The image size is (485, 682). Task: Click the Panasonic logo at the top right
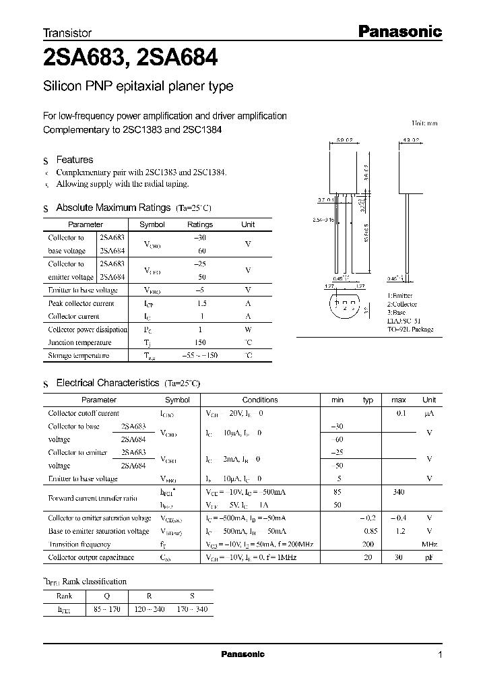click(x=399, y=31)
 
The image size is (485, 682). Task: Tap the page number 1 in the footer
click(x=440, y=655)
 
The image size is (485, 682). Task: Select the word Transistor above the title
click(x=67, y=32)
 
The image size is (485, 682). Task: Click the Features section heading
click(x=74, y=160)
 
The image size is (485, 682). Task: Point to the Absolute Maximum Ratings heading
click(x=113, y=208)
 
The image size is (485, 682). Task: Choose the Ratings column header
click(x=199, y=224)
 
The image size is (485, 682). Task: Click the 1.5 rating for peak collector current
click(x=199, y=303)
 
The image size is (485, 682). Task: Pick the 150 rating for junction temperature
click(x=199, y=342)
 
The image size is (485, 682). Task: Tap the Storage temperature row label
click(x=78, y=355)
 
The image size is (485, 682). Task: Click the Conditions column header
click(x=259, y=400)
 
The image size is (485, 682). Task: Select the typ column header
click(x=368, y=400)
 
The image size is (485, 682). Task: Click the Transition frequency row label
click(x=79, y=544)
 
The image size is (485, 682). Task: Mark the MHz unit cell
click(x=429, y=544)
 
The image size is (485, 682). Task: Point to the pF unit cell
click(x=429, y=557)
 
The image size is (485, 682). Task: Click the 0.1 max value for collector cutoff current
click(x=400, y=413)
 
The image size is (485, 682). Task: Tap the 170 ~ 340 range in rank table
click(x=193, y=609)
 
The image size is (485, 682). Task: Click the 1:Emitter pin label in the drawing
click(x=399, y=296)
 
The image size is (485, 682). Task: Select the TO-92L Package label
click(x=410, y=330)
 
